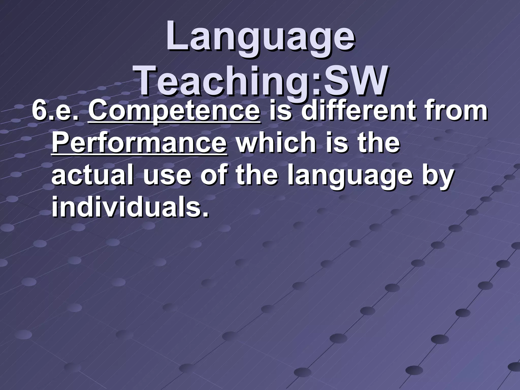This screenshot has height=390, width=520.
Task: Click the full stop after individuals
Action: coord(206,214)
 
